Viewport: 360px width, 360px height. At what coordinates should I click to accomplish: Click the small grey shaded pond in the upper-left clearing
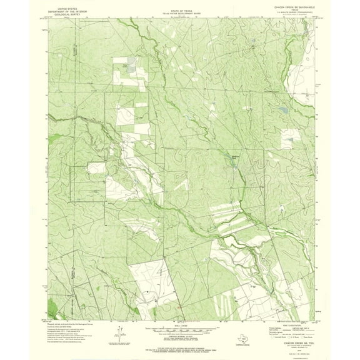click(x=129, y=65)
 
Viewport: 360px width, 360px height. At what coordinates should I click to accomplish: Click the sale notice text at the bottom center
click(x=179, y=344)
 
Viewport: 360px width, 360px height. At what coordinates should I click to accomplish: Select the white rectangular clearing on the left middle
click(x=97, y=172)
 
